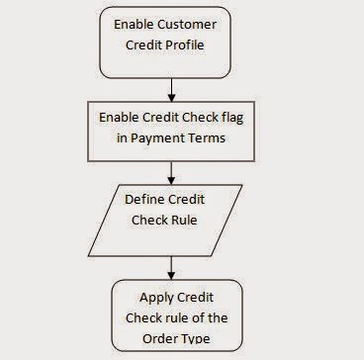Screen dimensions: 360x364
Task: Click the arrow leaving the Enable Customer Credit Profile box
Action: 172,84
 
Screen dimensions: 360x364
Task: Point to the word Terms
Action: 211,138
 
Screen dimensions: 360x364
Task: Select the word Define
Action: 145,199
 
